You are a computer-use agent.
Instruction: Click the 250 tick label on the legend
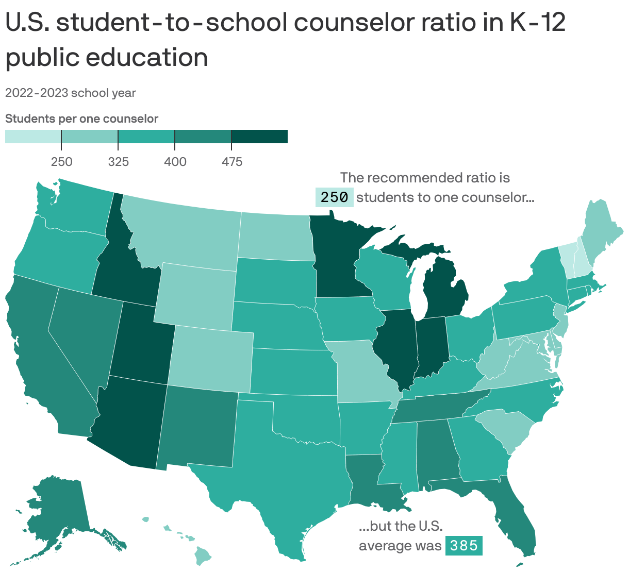click(61, 162)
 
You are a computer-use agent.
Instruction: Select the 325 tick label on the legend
click(118, 162)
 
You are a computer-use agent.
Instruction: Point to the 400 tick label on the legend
click(175, 162)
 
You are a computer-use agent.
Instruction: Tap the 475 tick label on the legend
click(231, 162)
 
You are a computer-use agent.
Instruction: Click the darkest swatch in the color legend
click(259, 137)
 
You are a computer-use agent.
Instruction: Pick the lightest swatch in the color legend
click(33, 137)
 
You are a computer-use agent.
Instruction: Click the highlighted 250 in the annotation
click(335, 197)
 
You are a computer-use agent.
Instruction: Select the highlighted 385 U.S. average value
click(464, 545)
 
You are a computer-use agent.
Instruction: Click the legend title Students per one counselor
click(81, 119)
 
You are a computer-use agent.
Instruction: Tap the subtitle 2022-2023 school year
click(71, 93)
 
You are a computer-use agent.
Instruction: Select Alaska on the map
click(57, 510)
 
